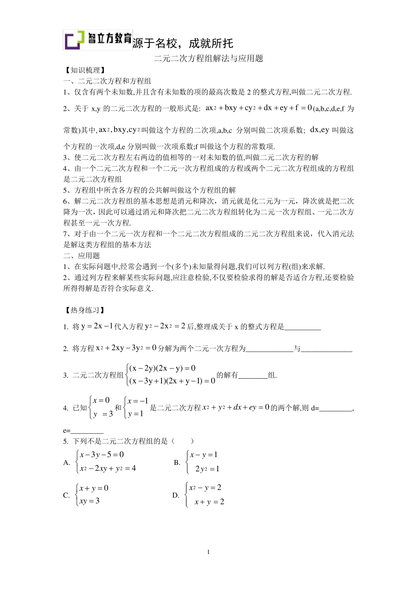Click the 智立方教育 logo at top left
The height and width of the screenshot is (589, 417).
97,40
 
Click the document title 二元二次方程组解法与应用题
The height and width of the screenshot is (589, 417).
208,58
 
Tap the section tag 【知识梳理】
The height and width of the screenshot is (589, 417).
84,70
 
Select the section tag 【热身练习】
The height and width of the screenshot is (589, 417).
84,310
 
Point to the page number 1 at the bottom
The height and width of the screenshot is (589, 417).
208,552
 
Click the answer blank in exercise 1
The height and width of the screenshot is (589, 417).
303,327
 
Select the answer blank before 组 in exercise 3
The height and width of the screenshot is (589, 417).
253,376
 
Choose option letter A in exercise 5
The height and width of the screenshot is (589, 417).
67,462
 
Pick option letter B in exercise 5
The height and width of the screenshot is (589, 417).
177,462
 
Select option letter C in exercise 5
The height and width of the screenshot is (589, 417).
67,495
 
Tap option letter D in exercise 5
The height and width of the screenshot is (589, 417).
176,495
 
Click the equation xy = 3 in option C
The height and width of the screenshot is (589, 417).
90,501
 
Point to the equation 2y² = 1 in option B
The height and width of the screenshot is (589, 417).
207,469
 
